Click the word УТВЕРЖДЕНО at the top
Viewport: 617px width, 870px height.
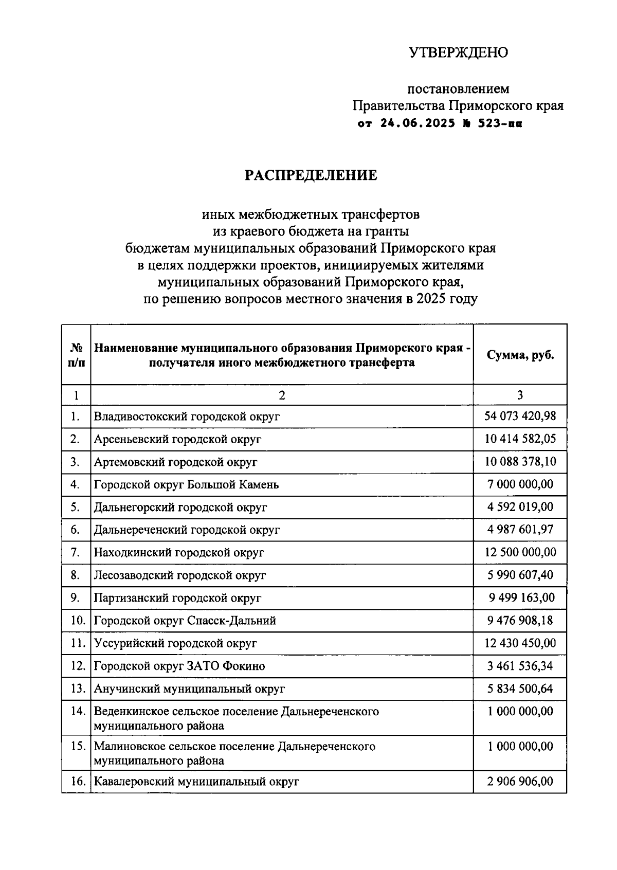pos(458,52)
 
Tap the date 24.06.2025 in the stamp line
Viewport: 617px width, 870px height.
pos(418,123)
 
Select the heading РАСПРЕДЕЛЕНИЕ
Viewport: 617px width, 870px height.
pos(311,175)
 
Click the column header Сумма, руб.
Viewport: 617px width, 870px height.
pos(520,355)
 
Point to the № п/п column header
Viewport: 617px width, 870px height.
pos(76,355)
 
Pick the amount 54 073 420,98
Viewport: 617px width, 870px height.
pos(520,416)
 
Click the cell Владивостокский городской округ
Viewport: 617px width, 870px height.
pos(187,416)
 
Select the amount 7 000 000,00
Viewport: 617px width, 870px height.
pos(520,484)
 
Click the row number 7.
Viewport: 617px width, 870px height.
pos(76,553)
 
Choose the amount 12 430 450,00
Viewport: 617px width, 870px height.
pos(520,643)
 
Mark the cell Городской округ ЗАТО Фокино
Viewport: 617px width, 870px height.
pos(179,666)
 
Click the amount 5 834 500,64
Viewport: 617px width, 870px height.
pos(520,688)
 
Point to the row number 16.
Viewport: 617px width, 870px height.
pos(78,782)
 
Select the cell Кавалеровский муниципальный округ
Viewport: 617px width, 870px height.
pos(196,782)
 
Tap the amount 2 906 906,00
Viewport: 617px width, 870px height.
pos(520,782)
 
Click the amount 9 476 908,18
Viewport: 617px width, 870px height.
pos(520,621)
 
